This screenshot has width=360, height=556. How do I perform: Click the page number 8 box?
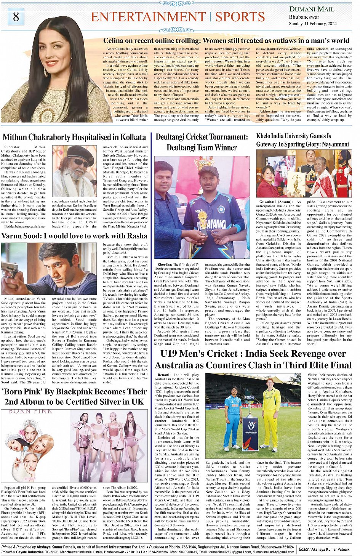(x=16, y=17)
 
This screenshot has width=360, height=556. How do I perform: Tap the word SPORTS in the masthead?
(x=240, y=17)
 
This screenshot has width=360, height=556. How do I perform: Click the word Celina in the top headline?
(x=114, y=41)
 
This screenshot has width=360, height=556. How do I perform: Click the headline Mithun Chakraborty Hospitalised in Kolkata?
(x=74, y=137)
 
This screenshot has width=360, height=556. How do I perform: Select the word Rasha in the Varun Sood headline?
(x=138, y=236)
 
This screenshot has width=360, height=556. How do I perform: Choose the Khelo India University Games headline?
(x=302, y=140)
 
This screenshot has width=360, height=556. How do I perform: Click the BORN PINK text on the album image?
(x=30, y=411)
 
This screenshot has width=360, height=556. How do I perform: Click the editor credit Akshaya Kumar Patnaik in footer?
(x=330, y=550)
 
